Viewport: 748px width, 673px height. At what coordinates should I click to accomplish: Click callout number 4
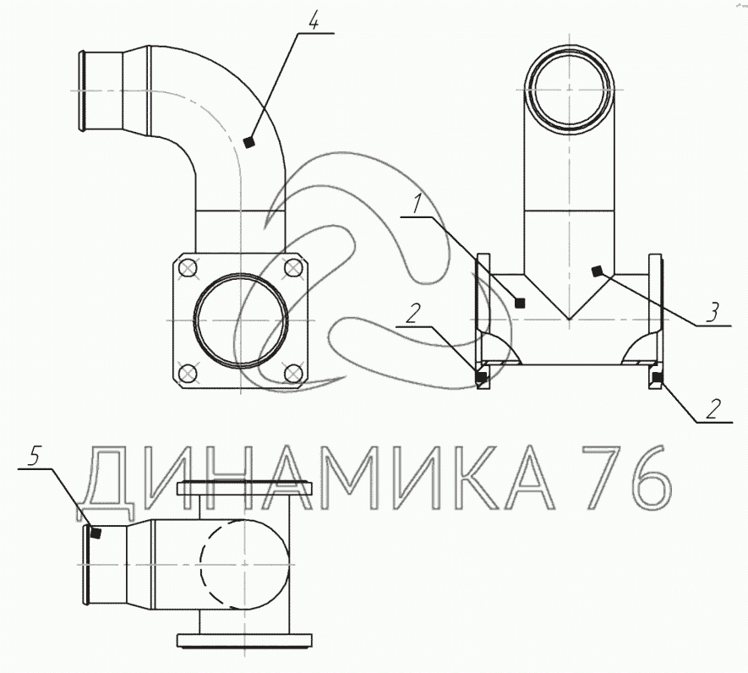(313, 19)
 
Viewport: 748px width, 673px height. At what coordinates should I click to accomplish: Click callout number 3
(712, 313)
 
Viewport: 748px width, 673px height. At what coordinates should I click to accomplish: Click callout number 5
(34, 457)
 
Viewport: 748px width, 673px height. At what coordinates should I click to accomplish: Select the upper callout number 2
(413, 313)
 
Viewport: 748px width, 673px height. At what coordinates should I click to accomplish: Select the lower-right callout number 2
(713, 409)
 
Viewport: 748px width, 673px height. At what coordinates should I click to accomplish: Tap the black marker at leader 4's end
(248, 142)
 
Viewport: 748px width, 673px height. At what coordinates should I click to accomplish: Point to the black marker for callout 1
(521, 303)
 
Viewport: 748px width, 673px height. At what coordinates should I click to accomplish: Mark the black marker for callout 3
(596, 271)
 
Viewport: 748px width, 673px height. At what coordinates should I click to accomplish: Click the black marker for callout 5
(96, 533)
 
